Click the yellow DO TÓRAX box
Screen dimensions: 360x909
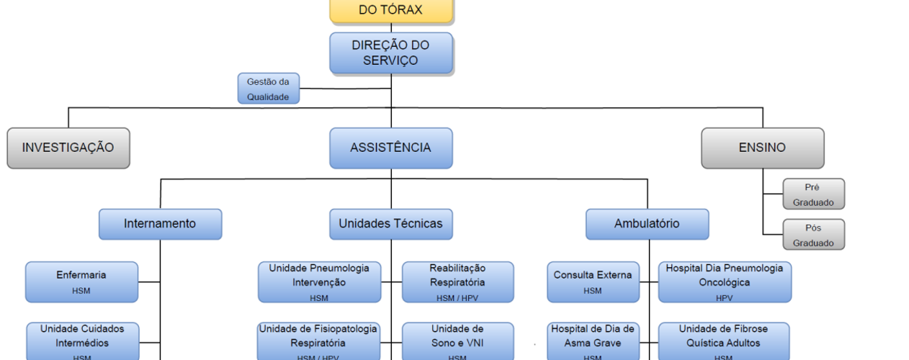point(391,11)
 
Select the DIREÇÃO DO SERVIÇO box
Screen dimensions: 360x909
point(391,53)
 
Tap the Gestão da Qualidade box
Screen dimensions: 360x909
point(268,89)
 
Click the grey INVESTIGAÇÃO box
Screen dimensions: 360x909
point(68,148)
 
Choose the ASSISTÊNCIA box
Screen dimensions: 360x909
point(391,148)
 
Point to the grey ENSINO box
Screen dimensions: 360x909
point(762,148)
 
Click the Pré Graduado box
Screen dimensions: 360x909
point(813,194)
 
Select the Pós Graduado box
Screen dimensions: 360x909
point(813,235)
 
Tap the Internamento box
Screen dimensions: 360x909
point(160,224)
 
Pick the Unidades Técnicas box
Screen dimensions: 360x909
point(391,224)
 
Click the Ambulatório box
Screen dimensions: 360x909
point(647,224)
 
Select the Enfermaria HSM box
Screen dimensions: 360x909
point(81,282)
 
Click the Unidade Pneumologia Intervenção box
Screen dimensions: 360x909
point(319,282)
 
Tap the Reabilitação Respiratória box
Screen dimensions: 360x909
point(457,282)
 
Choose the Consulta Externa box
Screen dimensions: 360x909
point(593,282)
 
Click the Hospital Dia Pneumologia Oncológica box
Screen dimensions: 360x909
point(724,282)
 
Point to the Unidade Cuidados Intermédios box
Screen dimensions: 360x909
point(82,341)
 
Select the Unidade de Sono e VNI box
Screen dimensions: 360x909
point(457,341)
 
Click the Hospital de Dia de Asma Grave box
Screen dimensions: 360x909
point(593,341)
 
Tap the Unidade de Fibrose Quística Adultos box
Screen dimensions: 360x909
point(723,341)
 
